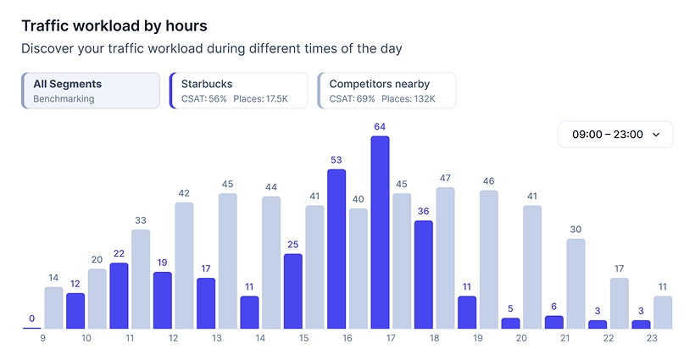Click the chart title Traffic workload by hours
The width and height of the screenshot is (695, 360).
(x=114, y=26)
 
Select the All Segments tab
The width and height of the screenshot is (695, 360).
(x=91, y=91)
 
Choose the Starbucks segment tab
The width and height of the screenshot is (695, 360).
(x=238, y=91)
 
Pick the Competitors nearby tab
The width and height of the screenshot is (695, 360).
(x=386, y=91)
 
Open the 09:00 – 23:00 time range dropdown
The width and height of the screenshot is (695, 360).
(x=615, y=135)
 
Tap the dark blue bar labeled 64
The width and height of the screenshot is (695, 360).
(x=380, y=232)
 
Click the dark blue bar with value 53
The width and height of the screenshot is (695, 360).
(x=336, y=249)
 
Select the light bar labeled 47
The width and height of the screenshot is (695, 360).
(x=445, y=258)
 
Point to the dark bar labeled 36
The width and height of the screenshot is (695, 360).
(x=424, y=274)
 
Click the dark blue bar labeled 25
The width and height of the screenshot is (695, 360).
(x=293, y=291)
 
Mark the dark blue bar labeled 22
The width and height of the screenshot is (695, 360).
(x=120, y=296)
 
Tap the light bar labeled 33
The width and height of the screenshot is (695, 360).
(x=141, y=279)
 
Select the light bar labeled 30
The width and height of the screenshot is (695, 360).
(x=575, y=284)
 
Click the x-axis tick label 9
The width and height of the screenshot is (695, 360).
(x=42, y=338)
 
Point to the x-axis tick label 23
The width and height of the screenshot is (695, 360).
(x=652, y=338)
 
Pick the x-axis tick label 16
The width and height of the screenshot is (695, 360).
(x=347, y=338)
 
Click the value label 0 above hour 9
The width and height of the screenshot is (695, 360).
(x=32, y=318)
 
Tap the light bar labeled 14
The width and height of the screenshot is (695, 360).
(x=53, y=307)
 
